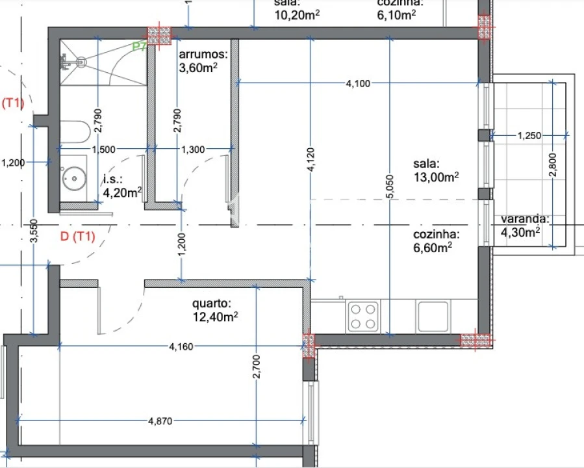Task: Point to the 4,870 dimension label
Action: click(x=161, y=421)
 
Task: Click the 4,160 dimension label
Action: click(x=181, y=346)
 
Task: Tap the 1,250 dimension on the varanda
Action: click(x=529, y=135)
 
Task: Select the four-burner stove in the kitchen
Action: click(x=363, y=317)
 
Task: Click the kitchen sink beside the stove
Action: click(x=433, y=317)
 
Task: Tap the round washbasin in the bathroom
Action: click(x=73, y=177)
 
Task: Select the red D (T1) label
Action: click(x=77, y=237)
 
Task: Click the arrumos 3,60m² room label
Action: click(x=203, y=60)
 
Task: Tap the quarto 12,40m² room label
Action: click(x=215, y=310)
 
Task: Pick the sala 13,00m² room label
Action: click(x=436, y=170)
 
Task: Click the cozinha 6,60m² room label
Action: click(x=437, y=240)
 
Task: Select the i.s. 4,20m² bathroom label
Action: click(x=122, y=185)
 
